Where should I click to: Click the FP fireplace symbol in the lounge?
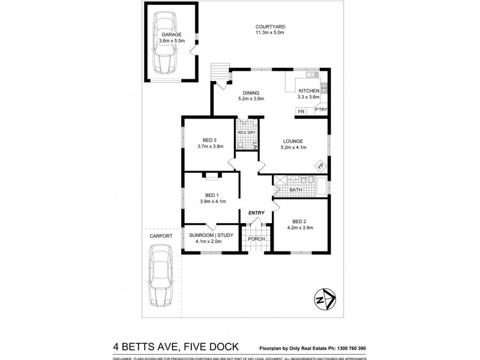click(x=320, y=166)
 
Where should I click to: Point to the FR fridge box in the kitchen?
click(x=301, y=112)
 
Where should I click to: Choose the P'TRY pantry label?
click(x=320, y=110)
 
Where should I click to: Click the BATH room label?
click(x=296, y=190)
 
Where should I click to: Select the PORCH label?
click(x=257, y=239)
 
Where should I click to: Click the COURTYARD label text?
click(x=269, y=27)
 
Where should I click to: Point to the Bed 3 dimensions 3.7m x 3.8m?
click(x=210, y=146)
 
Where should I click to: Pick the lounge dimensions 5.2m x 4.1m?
click(x=294, y=147)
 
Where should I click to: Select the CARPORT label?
click(x=161, y=236)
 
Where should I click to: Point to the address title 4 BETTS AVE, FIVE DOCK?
click(x=176, y=346)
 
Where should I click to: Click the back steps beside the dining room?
click(x=223, y=72)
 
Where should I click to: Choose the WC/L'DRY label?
click(x=247, y=133)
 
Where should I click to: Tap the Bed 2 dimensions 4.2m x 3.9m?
click(x=301, y=227)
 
